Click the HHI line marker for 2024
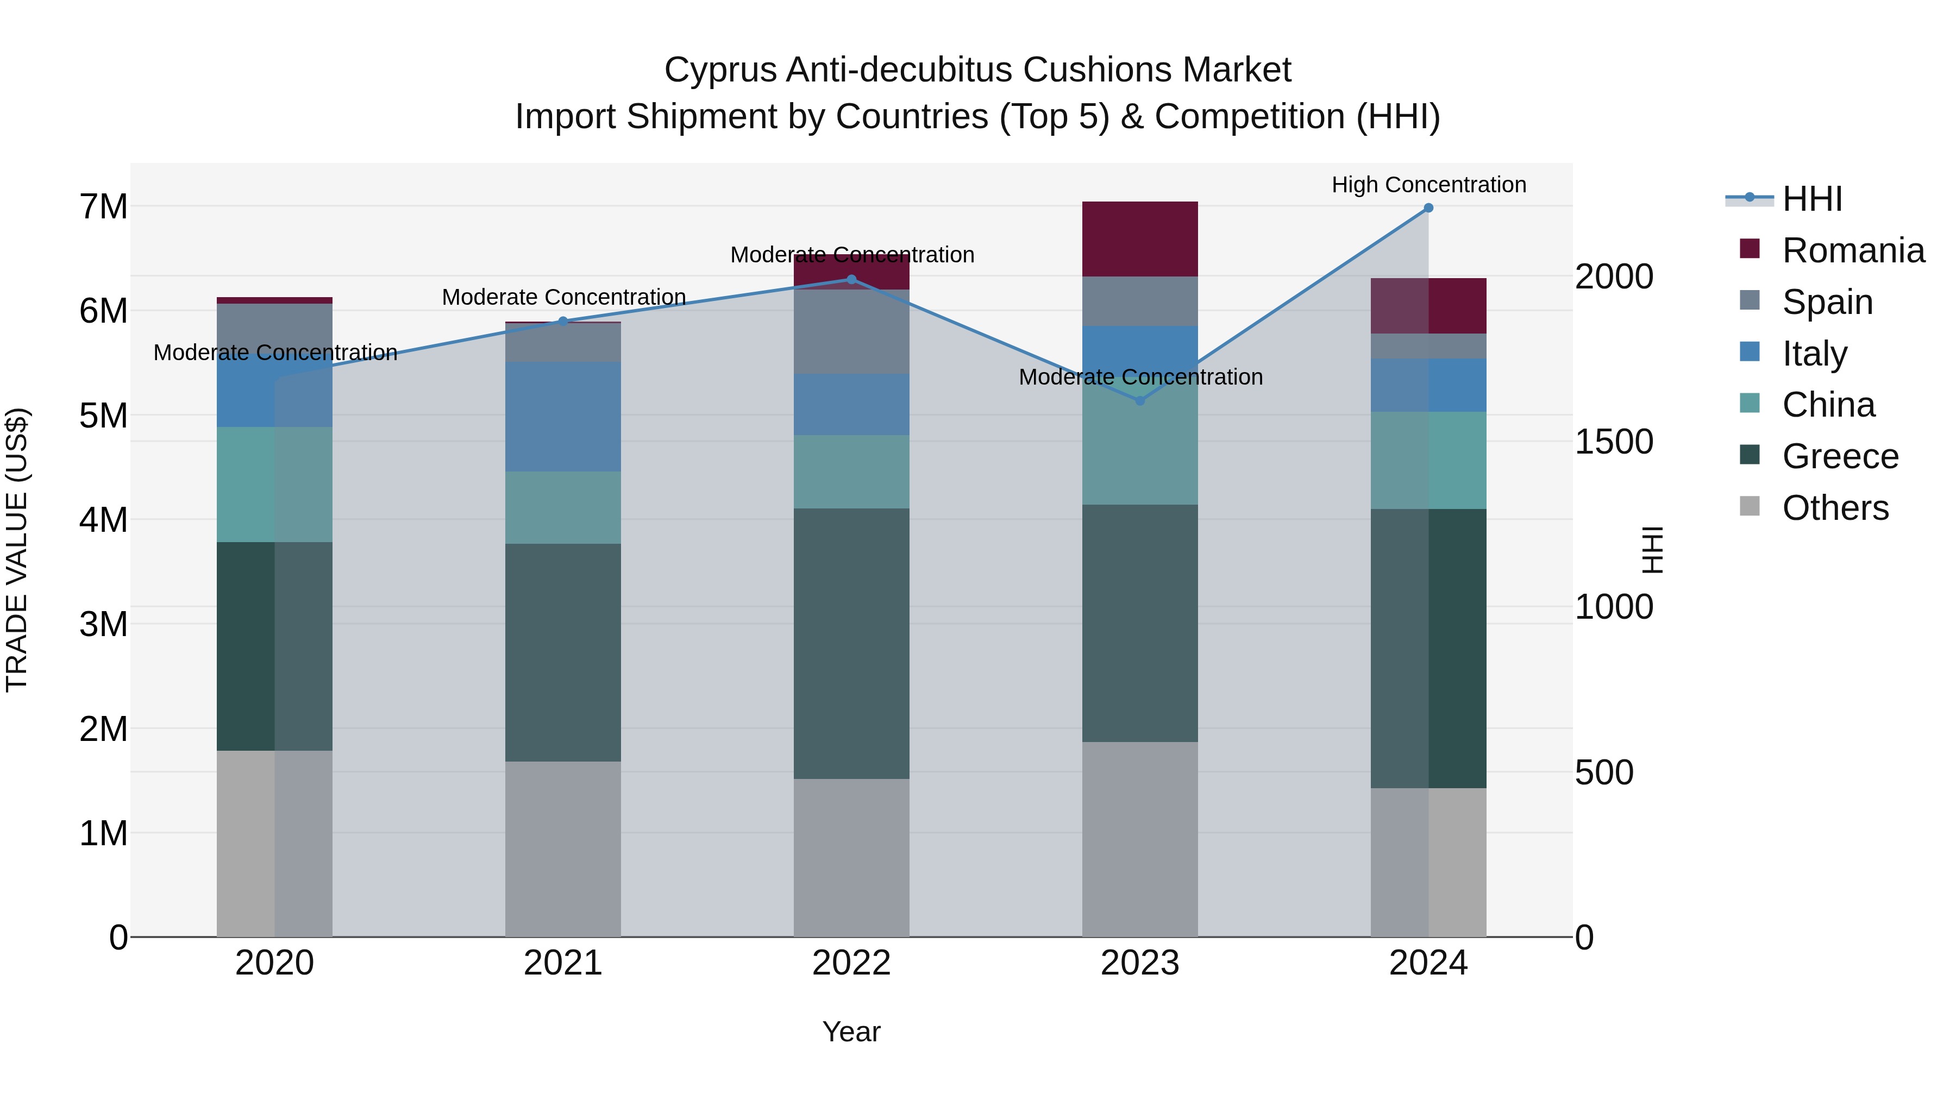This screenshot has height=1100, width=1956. click(1428, 208)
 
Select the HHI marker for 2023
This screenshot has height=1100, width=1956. click(1140, 401)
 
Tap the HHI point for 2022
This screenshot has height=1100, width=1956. click(851, 279)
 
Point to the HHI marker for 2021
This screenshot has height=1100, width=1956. click(563, 321)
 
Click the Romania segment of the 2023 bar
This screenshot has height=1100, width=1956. click(1140, 239)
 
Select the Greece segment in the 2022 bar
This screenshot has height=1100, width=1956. click(851, 644)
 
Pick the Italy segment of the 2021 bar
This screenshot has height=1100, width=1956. click(563, 417)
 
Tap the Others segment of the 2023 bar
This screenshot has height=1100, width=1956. click(1140, 839)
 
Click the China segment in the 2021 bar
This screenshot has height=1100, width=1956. click(563, 507)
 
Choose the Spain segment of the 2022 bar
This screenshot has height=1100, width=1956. click(851, 332)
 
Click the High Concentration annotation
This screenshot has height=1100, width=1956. click(1428, 185)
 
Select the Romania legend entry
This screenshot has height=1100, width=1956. click(1853, 250)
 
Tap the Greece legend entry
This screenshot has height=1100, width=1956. click(1840, 456)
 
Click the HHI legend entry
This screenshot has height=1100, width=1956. click(1811, 199)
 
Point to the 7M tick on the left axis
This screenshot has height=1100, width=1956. click(103, 206)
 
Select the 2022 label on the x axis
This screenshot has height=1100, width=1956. click(851, 963)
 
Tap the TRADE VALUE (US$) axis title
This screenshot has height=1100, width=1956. click(17, 550)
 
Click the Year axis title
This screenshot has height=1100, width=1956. click(851, 1032)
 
